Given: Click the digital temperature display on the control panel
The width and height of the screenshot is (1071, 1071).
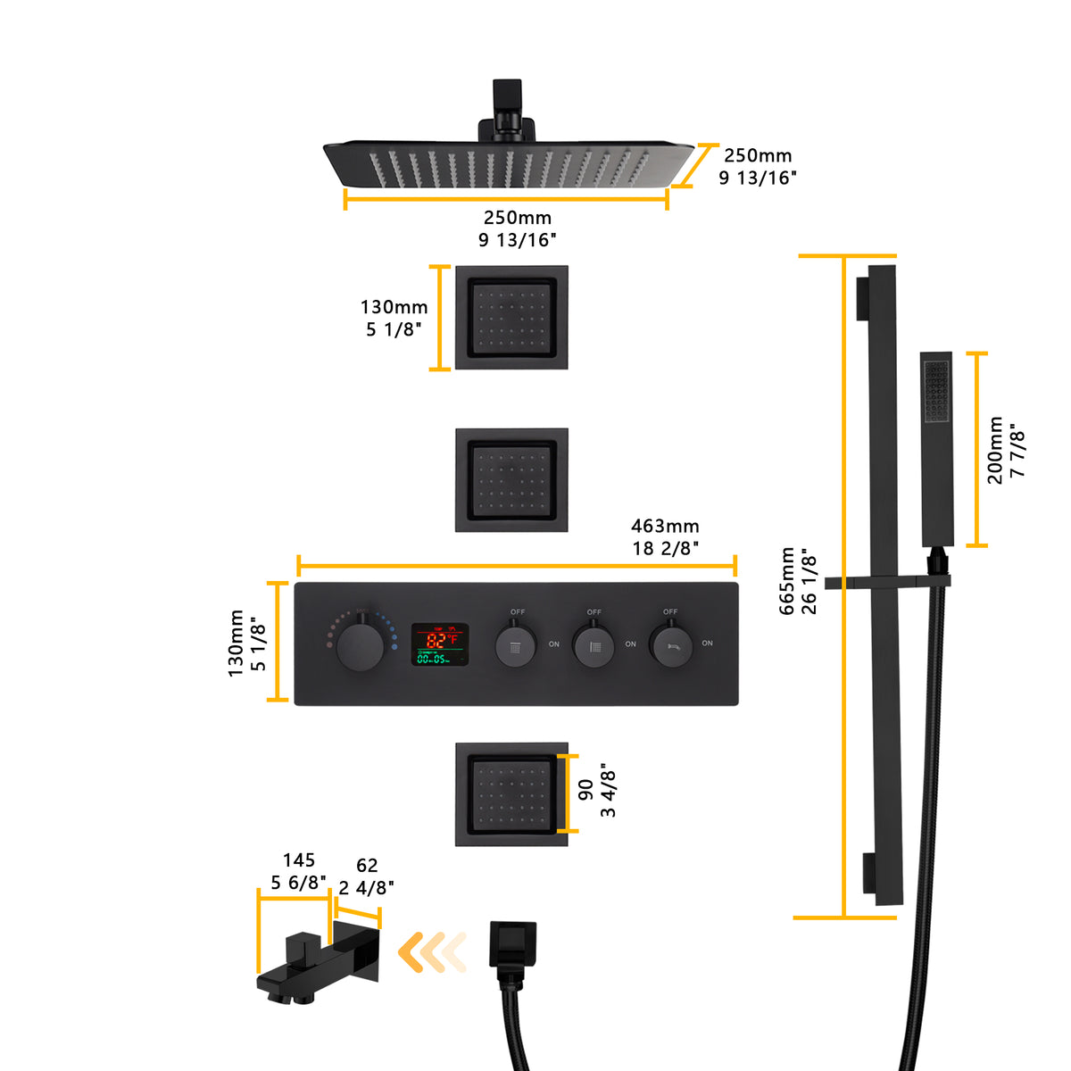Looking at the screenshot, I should pos(439,644).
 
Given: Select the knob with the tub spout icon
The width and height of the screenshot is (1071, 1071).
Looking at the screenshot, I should pos(670,644).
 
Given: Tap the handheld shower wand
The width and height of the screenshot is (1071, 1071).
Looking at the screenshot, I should pos(936,446).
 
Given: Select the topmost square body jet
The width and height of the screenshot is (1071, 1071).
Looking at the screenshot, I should pos(511,317).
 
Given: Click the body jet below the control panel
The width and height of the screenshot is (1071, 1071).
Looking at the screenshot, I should pos(511,793).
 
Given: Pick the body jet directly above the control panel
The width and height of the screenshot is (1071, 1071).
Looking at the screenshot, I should pos(511,479).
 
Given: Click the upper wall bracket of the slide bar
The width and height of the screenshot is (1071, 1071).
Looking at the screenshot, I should pos(862,297).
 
